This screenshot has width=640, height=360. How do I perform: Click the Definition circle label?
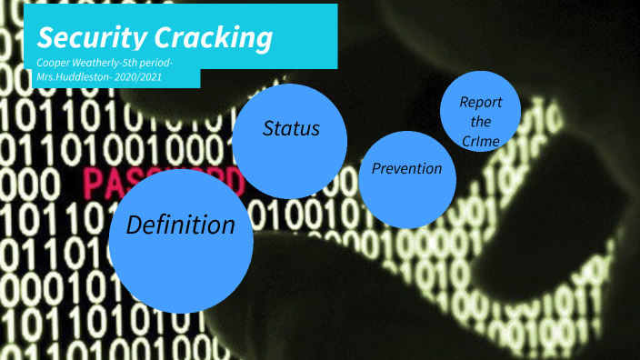coord(180,225)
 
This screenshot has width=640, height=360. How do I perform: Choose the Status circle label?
coord(291,129)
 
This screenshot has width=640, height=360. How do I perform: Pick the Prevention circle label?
coord(406,168)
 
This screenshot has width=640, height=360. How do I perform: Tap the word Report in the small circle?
coord(481,102)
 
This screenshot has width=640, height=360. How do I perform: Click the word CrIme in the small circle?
coord(481,139)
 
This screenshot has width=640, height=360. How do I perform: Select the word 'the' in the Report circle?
coord(481,121)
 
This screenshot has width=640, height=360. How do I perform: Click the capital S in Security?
coord(45,38)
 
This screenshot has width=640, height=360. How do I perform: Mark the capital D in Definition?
coord(134,225)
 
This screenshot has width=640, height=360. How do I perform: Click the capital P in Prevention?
coord(376,168)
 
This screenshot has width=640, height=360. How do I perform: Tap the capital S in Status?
coord(268,129)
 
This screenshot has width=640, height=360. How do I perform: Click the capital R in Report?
coord(465,102)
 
